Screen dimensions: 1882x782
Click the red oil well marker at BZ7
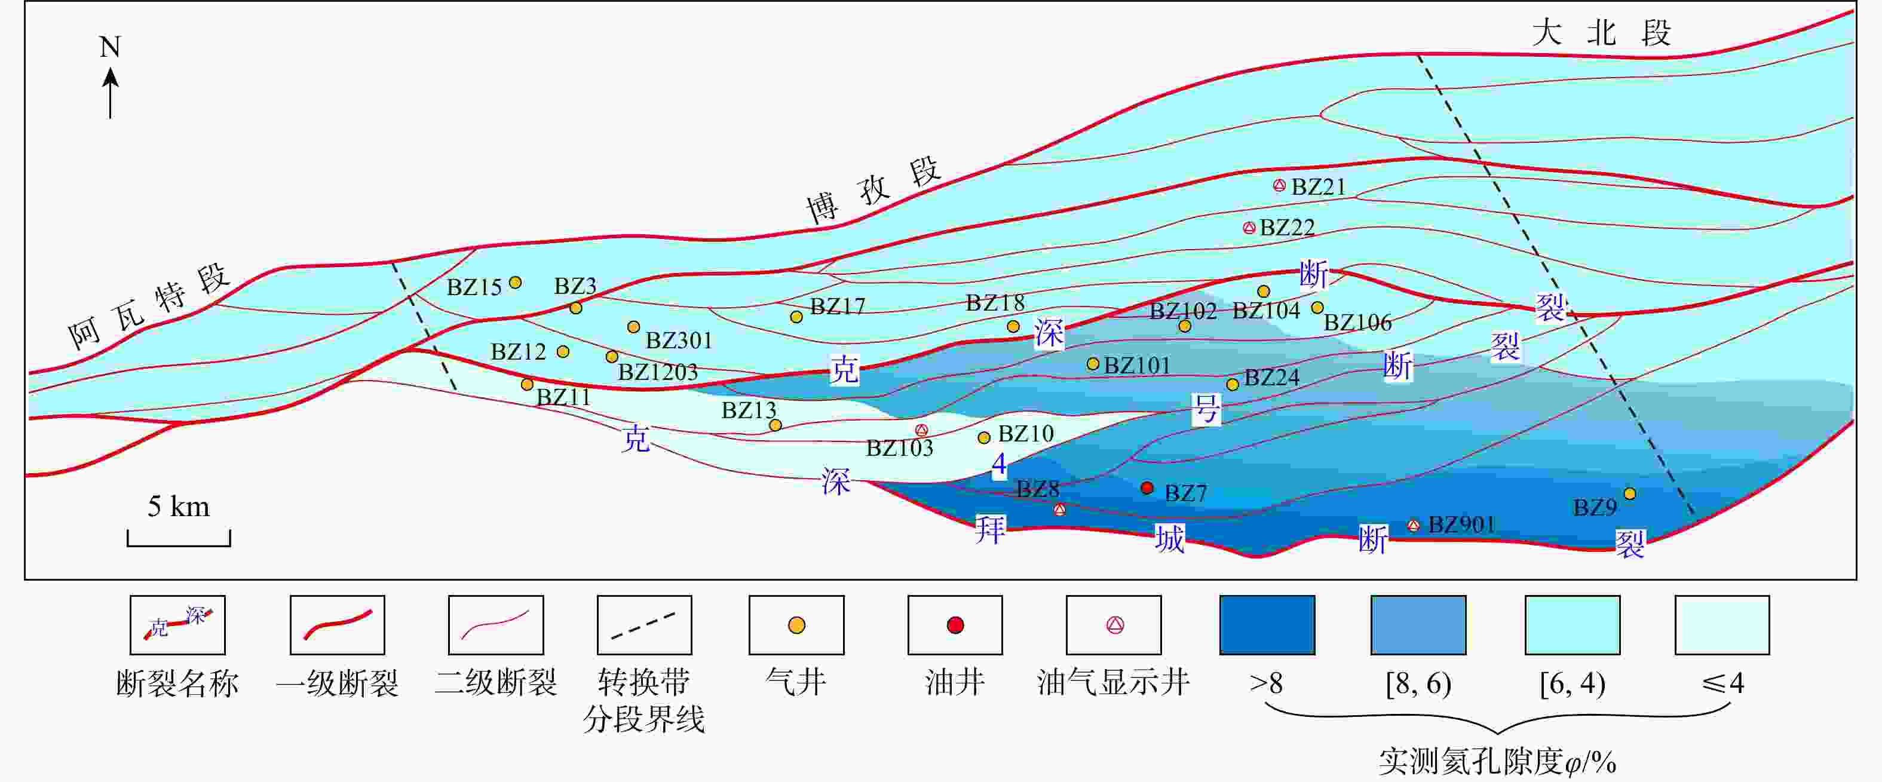click(x=1147, y=487)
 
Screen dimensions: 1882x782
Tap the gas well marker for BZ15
click(x=515, y=283)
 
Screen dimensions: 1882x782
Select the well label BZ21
click(x=1318, y=187)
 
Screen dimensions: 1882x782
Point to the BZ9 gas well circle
click(x=1630, y=494)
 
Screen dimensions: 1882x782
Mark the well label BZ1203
click(x=658, y=372)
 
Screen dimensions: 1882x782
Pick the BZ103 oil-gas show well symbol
click(x=922, y=431)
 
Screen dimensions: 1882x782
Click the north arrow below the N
click(x=111, y=92)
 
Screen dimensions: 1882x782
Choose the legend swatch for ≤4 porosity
click(x=1722, y=625)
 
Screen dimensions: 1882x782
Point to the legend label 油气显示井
click(x=1114, y=683)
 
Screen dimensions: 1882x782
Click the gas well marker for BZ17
click(x=796, y=317)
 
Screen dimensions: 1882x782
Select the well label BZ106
click(x=1357, y=323)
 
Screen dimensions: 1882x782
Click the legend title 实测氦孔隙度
click(x=1470, y=762)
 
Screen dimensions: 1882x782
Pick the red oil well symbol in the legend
click(x=955, y=625)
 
